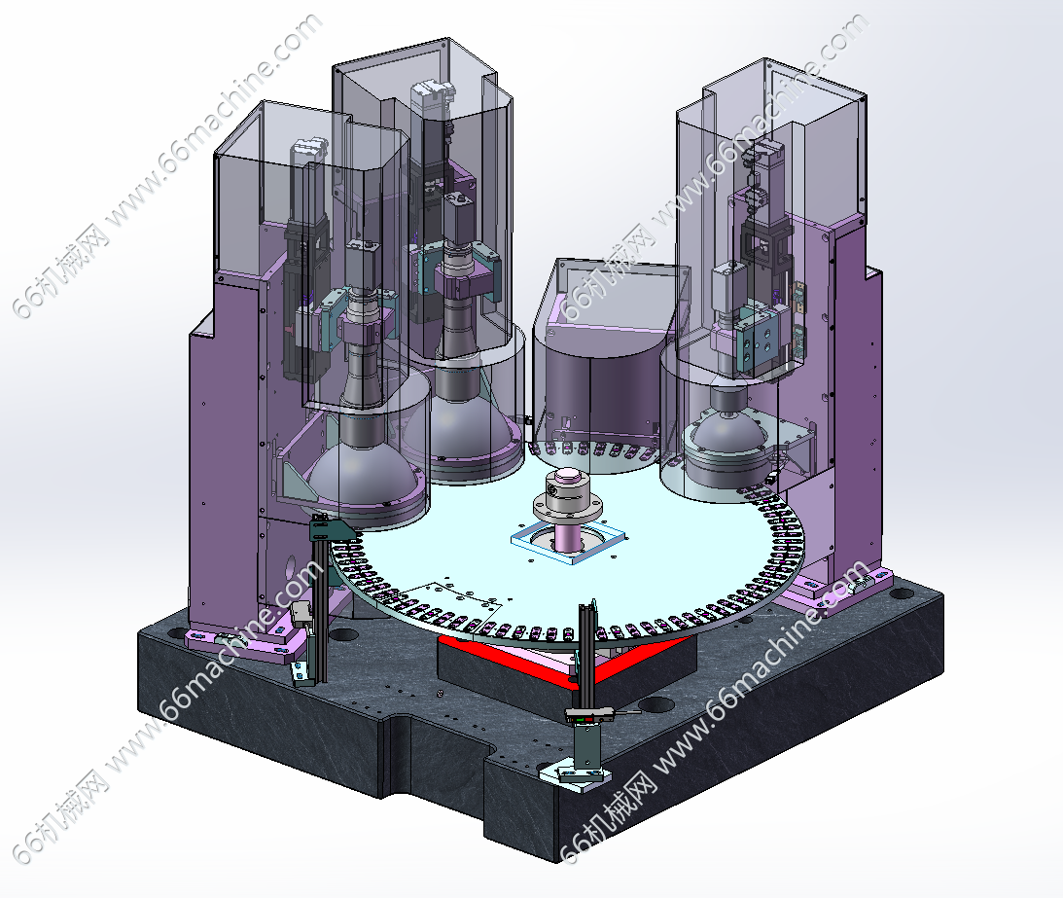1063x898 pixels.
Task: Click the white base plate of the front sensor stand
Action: (x=574, y=773)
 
